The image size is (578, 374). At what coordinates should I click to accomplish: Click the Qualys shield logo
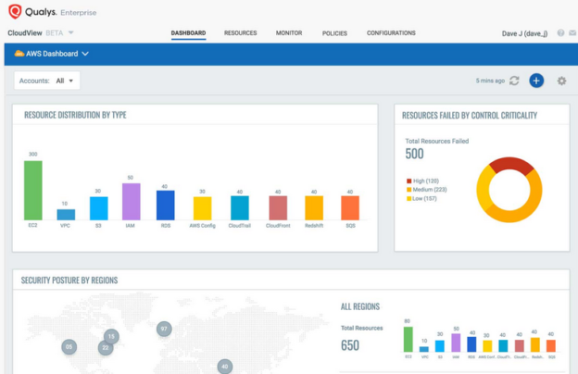coord(15,12)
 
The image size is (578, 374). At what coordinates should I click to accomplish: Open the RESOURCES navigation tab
coord(240,33)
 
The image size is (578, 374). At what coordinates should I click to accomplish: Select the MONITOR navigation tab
coord(289,33)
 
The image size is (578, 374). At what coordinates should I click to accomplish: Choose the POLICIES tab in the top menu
coord(334,33)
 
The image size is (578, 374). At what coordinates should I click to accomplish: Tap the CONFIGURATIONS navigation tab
coord(391,33)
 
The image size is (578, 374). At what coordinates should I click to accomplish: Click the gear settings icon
coord(561,81)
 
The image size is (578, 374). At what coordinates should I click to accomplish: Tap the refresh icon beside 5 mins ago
coord(515,81)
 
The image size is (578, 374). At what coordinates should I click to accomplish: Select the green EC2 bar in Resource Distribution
coord(33,190)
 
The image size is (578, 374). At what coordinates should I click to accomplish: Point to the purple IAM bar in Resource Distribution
coord(131,201)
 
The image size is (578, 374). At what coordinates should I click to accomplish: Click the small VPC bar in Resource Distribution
coord(66,214)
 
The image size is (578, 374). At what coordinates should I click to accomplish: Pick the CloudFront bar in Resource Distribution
coord(277,207)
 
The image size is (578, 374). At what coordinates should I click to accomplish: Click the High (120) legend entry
coord(424,181)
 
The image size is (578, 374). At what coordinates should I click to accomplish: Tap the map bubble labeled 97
coord(164,329)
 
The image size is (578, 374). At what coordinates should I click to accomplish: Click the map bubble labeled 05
coord(69,347)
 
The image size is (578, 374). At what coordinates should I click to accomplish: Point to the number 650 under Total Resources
coord(350,345)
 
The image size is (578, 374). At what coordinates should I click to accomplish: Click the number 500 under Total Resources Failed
coord(414,155)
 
